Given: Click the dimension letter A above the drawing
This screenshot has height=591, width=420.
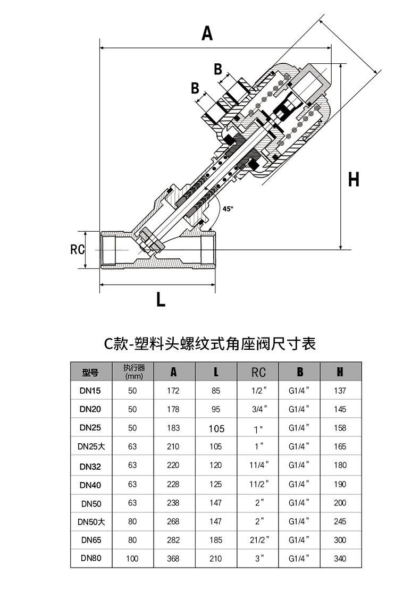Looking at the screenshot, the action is [207, 33].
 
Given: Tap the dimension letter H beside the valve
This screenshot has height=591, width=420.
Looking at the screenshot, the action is [354, 179].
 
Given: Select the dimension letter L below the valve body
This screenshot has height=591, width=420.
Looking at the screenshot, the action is [161, 300].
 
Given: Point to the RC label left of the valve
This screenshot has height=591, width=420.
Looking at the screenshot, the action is [77, 249].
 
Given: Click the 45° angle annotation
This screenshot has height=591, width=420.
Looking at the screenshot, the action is [228, 208].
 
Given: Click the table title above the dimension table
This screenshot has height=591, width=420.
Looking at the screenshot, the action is [210, 343].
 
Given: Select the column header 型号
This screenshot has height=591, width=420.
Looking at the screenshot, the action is [90, 373].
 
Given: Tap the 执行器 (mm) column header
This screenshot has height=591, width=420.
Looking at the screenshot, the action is [133, 372].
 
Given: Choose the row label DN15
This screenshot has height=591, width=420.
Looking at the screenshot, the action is [90, 391].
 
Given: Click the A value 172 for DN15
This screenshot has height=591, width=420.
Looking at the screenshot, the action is [173, 391].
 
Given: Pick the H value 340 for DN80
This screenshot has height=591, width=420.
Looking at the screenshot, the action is [340, 558].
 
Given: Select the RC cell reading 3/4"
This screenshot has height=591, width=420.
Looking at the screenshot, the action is [259, 409].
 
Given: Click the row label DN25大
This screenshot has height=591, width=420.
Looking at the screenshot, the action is [91, 446].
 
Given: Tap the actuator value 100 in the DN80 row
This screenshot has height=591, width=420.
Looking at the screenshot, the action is [132, 558].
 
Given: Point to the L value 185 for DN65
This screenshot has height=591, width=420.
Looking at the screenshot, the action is [216, 540].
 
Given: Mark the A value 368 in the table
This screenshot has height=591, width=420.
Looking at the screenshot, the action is [173, 558].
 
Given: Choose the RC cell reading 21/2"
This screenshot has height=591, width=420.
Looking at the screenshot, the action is [259, 540].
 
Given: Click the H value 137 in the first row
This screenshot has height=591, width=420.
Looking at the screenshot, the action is [340, 391].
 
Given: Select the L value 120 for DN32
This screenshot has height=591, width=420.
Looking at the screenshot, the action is [216, 465].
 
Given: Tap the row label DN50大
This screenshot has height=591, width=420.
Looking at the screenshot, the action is [91, 522].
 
